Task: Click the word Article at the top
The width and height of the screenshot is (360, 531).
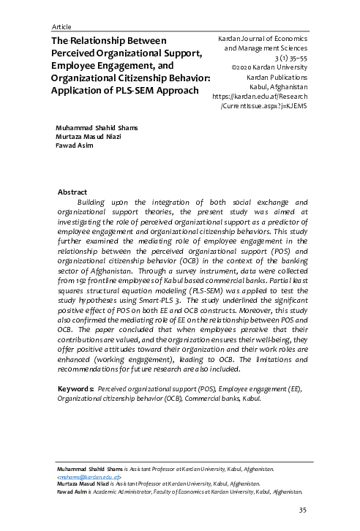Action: (x=62, y=26)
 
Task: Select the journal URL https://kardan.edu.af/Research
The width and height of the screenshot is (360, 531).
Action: (x=260, y=96)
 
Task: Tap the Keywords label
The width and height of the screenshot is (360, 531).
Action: (x=75, y=390)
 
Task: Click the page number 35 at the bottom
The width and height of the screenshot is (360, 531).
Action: (x=302, y=510)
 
